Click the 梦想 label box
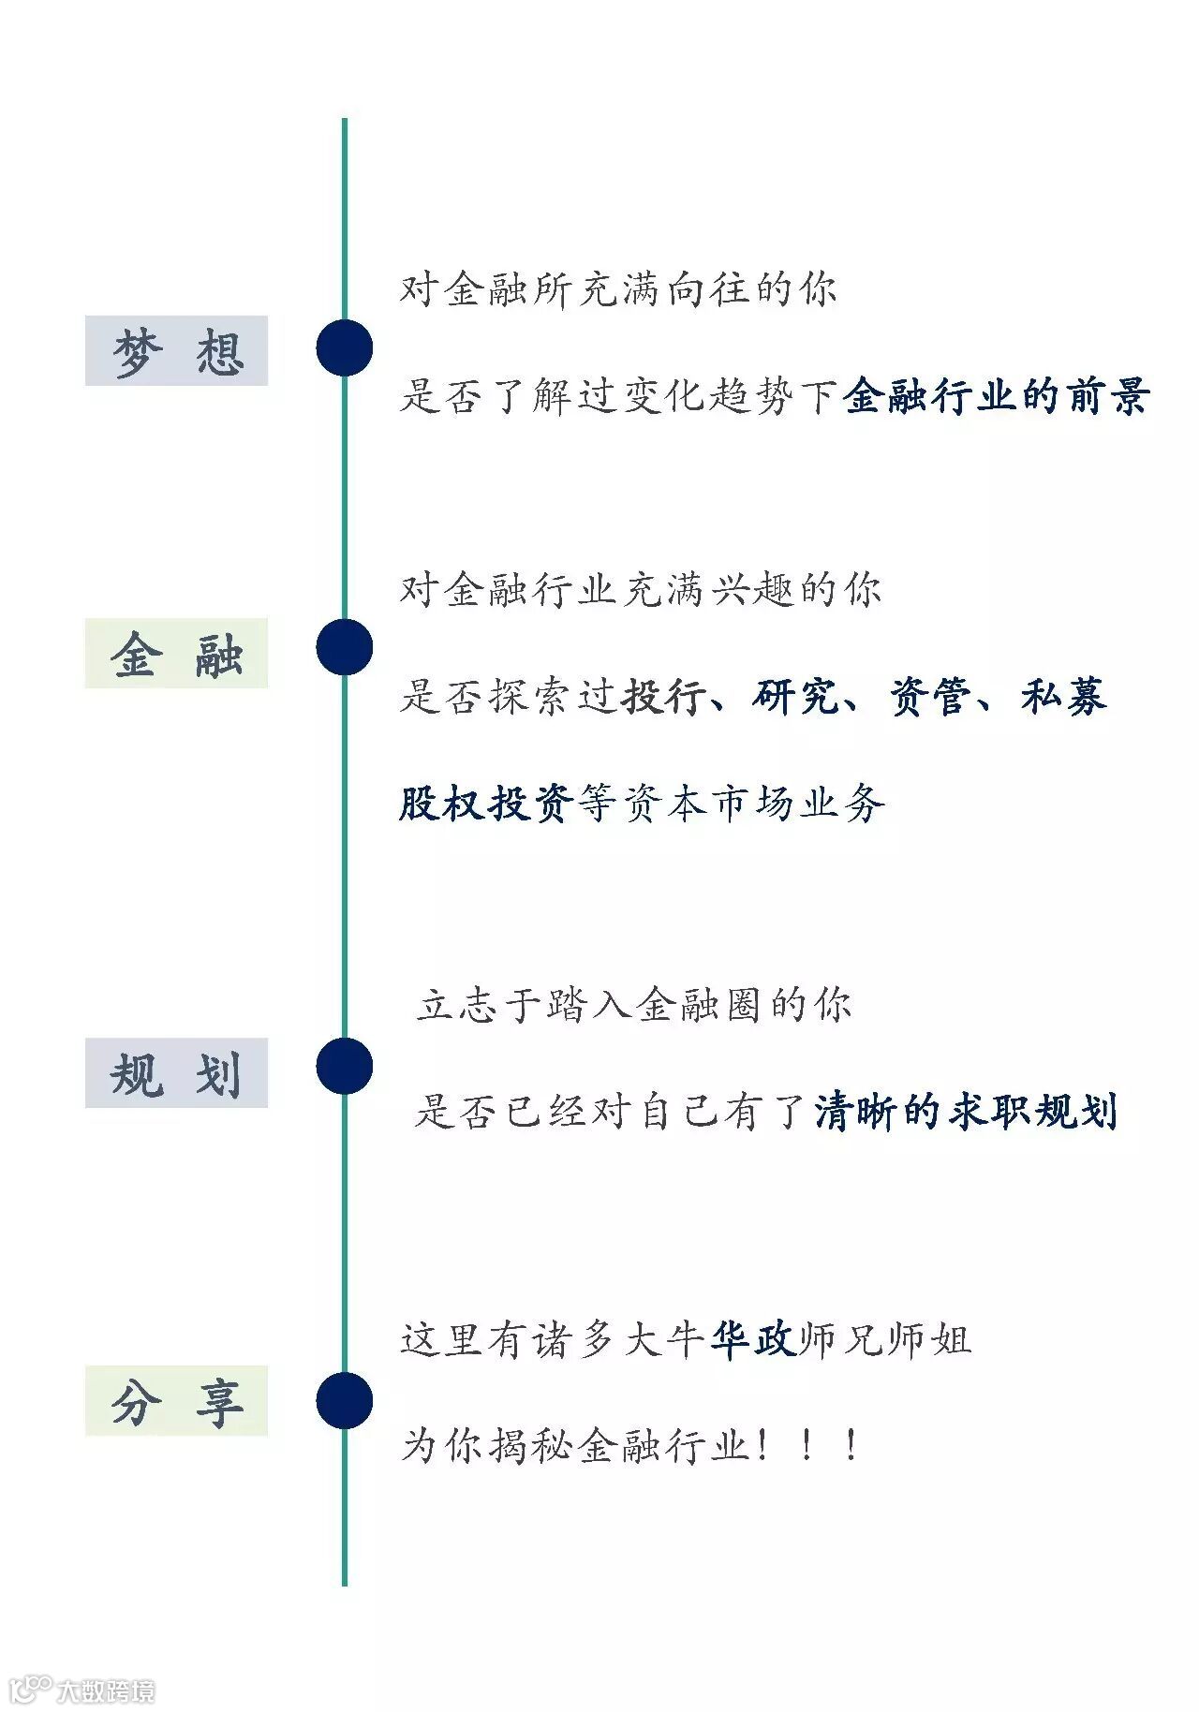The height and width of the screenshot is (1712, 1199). (176, 350)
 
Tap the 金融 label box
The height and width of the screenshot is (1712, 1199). (176, 653)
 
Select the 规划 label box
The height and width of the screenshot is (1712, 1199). (176, 1072)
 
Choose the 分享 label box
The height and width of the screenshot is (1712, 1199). (176, 1400)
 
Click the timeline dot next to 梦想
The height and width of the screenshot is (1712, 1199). (344, 347)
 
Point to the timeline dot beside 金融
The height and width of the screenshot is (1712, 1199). (344, 647)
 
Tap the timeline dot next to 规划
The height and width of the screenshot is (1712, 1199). (344, 1066)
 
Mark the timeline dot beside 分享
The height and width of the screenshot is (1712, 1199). (344, 1400)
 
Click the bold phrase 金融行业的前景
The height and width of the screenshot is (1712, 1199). (995, 396)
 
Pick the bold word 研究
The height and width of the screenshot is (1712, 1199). (794, 697)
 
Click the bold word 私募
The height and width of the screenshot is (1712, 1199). (1063, 697)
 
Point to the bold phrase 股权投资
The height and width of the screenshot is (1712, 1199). (485, 803)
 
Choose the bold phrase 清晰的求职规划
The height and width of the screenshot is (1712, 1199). (965, 1112)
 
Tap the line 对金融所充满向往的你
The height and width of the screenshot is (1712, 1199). (618, 289)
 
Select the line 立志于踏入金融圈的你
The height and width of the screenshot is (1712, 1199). (634, 1006)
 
